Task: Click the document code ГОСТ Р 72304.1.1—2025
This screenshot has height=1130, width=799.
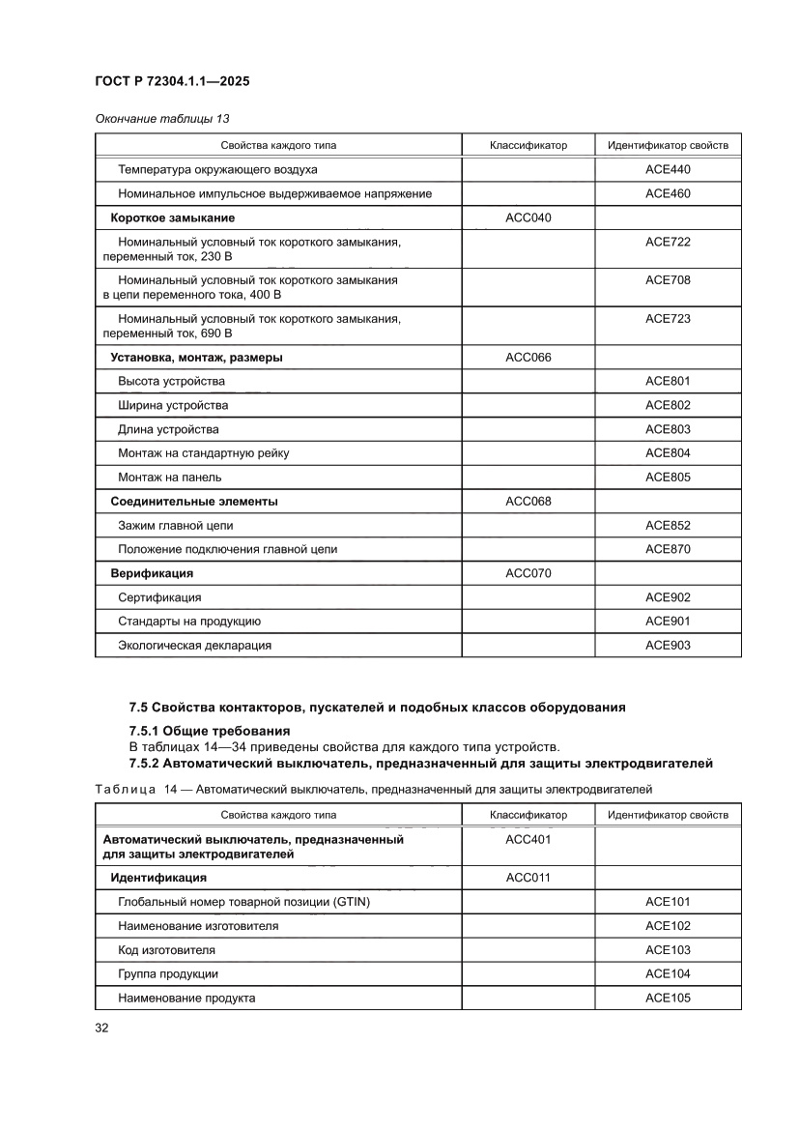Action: pyautogui.click(x=172, y=82)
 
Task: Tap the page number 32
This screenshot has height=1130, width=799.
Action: pyautogui.click(x=101, y=1028)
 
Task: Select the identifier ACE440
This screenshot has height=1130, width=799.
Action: pyautogui.click(x=668, y=170)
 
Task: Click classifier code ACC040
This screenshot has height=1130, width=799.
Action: pyautogui.click(x=528, y=218)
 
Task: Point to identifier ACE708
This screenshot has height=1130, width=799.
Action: pyautogui.click(x=668, y=280)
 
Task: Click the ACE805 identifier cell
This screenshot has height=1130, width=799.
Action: pyautogui.click(x=668, y=477)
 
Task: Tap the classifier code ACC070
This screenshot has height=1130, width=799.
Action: pyautogui.click(x=528, y=573)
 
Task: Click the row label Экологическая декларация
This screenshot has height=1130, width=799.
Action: pyautogui.click(x=194, y=645)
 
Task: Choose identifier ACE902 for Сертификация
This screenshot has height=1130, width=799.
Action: pyautogui.click(x=668, y=597)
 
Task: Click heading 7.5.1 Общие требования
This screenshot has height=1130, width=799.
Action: pyautogui.click(x=210, y=731)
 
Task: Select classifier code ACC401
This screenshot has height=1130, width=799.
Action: pyautogui.click(x=528, y=840)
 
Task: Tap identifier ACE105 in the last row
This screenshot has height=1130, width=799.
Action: pyautogui.click(x=668, y=998)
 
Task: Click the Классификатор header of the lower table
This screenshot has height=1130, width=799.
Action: pyautogui.click(x=528, y=815)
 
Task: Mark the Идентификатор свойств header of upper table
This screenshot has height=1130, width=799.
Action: pyautogui.click(x=668, y=146)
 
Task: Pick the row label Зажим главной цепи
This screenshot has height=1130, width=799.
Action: pyautogui.click(x=175, y=526)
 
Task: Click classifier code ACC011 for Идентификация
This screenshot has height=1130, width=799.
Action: pyautogui.click(x=528, y=878)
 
